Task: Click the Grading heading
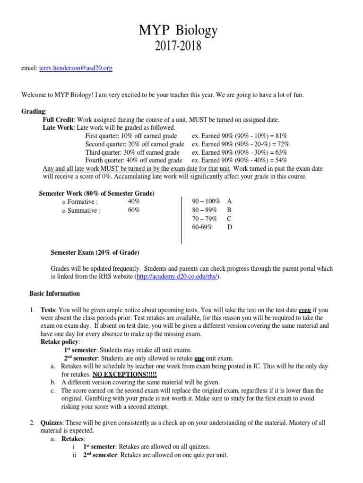34,111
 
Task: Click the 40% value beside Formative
133,201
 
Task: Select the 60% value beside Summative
133,210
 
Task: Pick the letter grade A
230,201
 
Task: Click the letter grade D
230,227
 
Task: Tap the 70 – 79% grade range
204,219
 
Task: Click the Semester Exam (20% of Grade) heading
95,252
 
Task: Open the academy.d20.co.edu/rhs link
177,277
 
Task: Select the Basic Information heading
55,293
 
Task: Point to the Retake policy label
60,341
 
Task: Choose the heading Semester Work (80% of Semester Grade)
96,193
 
